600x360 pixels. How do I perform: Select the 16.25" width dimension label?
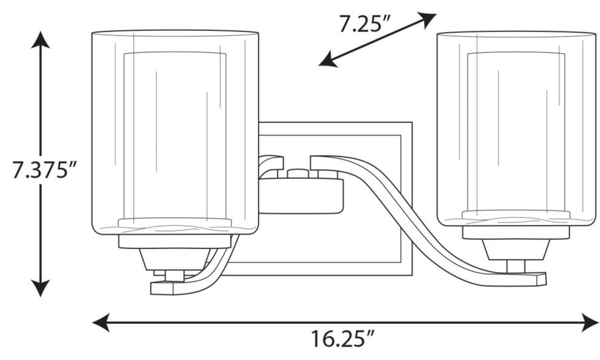342,339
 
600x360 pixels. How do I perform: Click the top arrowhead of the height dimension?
40,40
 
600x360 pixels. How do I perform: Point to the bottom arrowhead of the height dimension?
40,288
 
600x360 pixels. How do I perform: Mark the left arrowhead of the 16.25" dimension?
101,322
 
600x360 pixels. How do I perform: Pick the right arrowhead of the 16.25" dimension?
590,322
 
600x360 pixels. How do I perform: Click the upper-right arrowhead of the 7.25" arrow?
427,19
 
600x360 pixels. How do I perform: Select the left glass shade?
175,132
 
